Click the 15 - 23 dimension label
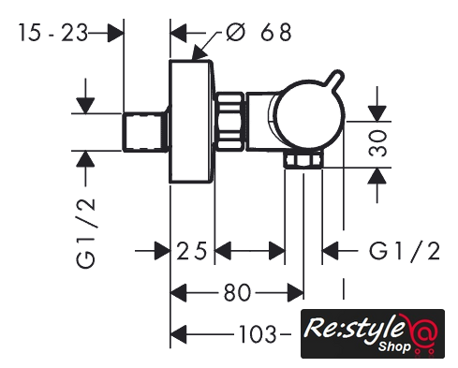pyautogui.click(x=53, y=33)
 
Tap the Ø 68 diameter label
pyautogui.click(x=259, y=32)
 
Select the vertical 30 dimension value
pyautogui.click(x=377, y=143)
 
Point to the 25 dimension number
pyautogui.click(x=192, y=250)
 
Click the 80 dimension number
pyautogui.click(x=237, y=292)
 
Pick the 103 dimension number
pyautogui.click(x=258, y=334)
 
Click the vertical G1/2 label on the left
pyautogui.click(x=85, y=232)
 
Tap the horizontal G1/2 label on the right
pyautogui.click(x=405, y=250)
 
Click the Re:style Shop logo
pyautogui.click(x=373, y=333)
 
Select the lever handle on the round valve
pyautogui.click(x=334, y=79)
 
